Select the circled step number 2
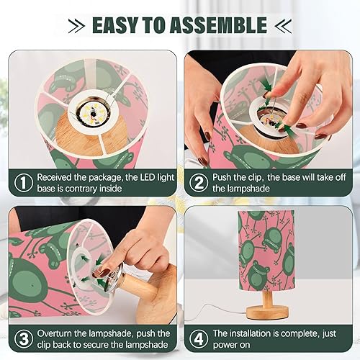coord(199,182)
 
